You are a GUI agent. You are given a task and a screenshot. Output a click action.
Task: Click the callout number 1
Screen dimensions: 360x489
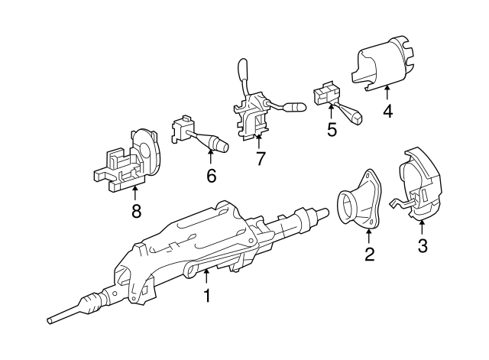point(206,295)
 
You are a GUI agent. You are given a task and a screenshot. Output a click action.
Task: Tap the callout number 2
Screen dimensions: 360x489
point(369,255)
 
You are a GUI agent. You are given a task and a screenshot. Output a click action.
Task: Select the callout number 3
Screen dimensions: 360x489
point(423,246)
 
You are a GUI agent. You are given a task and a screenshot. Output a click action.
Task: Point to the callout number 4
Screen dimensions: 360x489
point(387,112)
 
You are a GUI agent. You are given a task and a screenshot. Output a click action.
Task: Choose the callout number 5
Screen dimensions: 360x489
point(332,129)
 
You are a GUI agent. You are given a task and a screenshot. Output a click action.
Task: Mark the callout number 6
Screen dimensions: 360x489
point(211,176)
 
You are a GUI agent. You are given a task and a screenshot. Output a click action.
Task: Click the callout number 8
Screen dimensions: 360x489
point(136,212)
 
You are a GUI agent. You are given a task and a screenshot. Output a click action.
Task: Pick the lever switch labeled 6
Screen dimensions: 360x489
point(197,135)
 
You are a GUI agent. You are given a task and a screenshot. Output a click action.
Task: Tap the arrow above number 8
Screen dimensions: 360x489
point(136,193)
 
